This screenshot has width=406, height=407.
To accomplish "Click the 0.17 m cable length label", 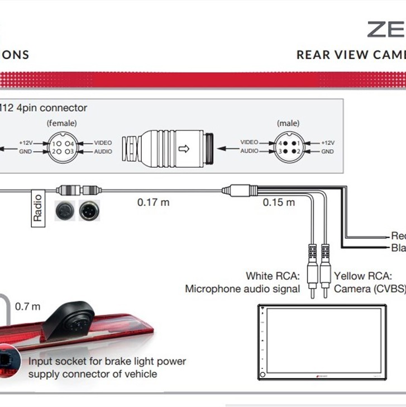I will (x=153, y=202).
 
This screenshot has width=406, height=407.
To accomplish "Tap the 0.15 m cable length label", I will (x=279, y=202).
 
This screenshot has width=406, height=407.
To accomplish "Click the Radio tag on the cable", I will (x=37, y=207).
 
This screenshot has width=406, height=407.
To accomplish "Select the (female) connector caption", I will (x=62, y=123).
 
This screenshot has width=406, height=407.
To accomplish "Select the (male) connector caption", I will (x=288, y=123).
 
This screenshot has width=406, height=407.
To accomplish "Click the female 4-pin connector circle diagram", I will (x=63, y=147).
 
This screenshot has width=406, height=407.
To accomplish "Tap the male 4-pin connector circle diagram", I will (x=289, y=147).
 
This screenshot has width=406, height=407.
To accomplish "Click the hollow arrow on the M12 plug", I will (x=183, y=149).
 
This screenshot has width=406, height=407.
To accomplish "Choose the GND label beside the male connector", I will (x=327, y=152).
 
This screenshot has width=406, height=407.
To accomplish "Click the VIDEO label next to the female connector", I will (x=103, y=143).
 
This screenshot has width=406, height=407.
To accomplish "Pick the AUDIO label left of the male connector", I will (x=249, y=151).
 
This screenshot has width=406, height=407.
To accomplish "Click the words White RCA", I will (x=273, y=276).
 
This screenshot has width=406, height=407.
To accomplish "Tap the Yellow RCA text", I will (x=363, y=276).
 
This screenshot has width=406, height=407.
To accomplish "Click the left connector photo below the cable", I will (x=65, y=210).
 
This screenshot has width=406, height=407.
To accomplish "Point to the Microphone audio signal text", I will (x=242, y=289).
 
